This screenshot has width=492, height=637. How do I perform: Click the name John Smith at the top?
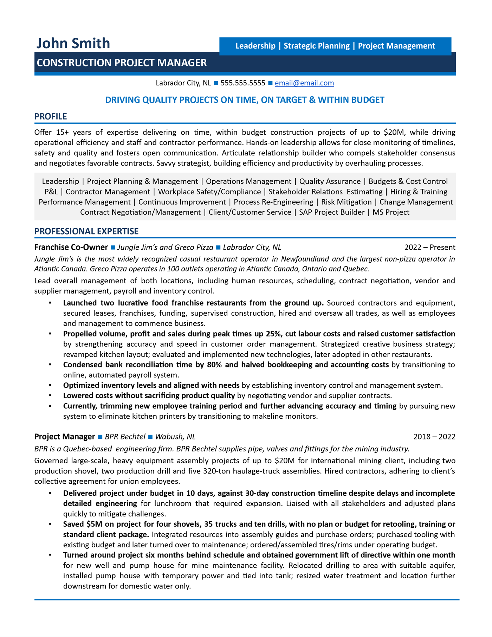coord(73,43)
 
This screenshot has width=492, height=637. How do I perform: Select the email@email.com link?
coord(304,83)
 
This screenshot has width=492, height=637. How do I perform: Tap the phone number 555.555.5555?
coord(243,83)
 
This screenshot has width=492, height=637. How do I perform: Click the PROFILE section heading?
coord(51,116)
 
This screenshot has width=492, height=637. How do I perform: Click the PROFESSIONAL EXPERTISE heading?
coord(86,231)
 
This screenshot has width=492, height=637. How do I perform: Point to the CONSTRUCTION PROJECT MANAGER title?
coord(122,63)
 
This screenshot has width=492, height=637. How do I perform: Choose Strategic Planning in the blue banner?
coord(316,46)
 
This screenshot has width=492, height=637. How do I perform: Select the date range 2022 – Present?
coord(429,247)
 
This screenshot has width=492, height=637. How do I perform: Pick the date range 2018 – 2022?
coord(434,437)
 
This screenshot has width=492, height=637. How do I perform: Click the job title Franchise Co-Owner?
coord(71,247)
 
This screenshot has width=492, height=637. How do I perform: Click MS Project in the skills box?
coord(391,212)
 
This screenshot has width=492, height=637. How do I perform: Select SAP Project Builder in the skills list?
coord(331,212)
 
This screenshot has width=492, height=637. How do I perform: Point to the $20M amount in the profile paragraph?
coord(394,132)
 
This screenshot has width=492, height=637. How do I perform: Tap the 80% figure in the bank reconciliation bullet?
coord(214,365)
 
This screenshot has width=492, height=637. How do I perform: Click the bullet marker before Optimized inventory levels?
coord(50,386)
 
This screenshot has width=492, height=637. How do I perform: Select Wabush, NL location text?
coord(175,437)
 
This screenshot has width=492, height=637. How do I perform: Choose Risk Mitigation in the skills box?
coord(346,202)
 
